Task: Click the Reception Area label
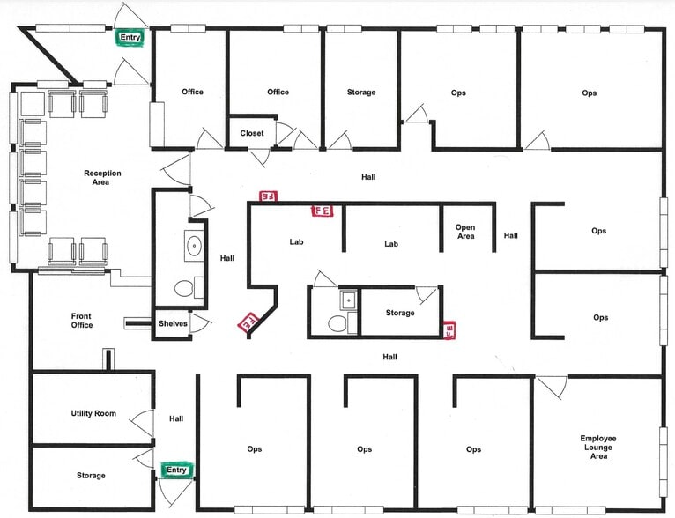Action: coord(102,177)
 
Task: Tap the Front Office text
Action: coord(82,321)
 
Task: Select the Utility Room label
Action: coord(94,413)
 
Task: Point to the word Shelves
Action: coord(173,323)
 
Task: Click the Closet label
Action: coord(252,133)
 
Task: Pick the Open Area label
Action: coord(465,232)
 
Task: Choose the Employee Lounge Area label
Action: coord(597,448)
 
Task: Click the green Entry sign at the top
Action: coord(130,37)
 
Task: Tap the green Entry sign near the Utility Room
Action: coord(177,470)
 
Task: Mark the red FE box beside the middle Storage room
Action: coord(449,329)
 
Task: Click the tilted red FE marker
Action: coord(248,322)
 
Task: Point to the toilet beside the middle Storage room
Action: coord(337,323)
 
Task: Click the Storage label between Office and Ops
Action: coord(361,92)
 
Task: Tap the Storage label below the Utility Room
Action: coord(90,476)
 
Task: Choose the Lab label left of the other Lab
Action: coord(296,241)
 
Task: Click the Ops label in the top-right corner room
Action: coord(590,92)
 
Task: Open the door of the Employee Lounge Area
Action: coord(553,385)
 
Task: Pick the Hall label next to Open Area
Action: coord(511,235)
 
